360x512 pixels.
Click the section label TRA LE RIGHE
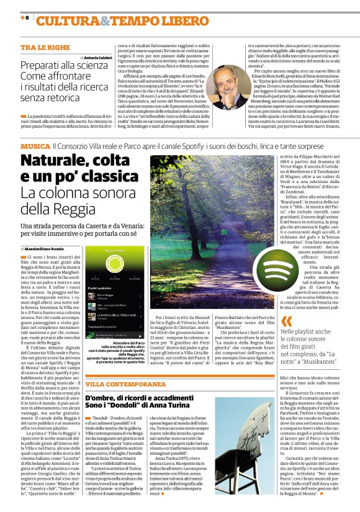click(45, 47)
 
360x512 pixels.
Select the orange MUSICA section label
click(35, 145)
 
